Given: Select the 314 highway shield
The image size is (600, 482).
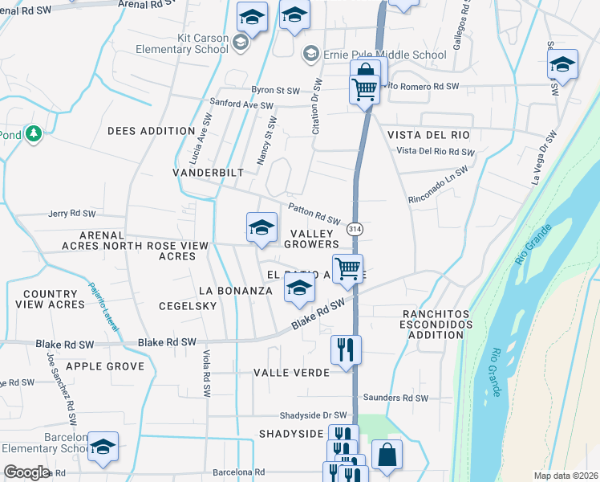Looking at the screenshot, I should pos(355,227).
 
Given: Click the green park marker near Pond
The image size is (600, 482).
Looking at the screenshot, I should pos(33,133).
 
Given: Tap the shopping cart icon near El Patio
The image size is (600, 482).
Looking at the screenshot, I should pos(347,268).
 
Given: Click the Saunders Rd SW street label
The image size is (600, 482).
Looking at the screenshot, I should pos(395,398).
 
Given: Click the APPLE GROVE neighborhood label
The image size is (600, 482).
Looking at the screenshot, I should pos(105,366).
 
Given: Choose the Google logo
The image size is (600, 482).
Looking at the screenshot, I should pos(26,472).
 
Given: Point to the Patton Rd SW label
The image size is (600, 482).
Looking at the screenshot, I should pos(314,214).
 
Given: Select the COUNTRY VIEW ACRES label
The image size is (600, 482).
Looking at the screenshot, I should pos(54,300).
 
